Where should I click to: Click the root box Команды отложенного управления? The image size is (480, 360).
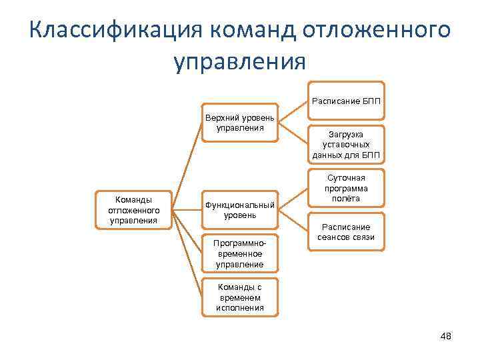(135, 209)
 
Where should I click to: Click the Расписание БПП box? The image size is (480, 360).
(345, 102)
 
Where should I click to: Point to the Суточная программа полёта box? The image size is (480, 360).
(345, 188)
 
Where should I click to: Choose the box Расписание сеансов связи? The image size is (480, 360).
(345, 231)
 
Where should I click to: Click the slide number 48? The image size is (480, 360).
(446, 336)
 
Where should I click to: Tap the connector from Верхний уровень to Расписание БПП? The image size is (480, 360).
(292, 112)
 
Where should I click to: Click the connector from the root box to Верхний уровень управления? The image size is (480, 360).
(189, 166)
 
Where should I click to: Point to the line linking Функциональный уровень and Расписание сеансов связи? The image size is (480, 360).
(292, 221)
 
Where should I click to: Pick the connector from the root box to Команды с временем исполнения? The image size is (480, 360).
(189, 253)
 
